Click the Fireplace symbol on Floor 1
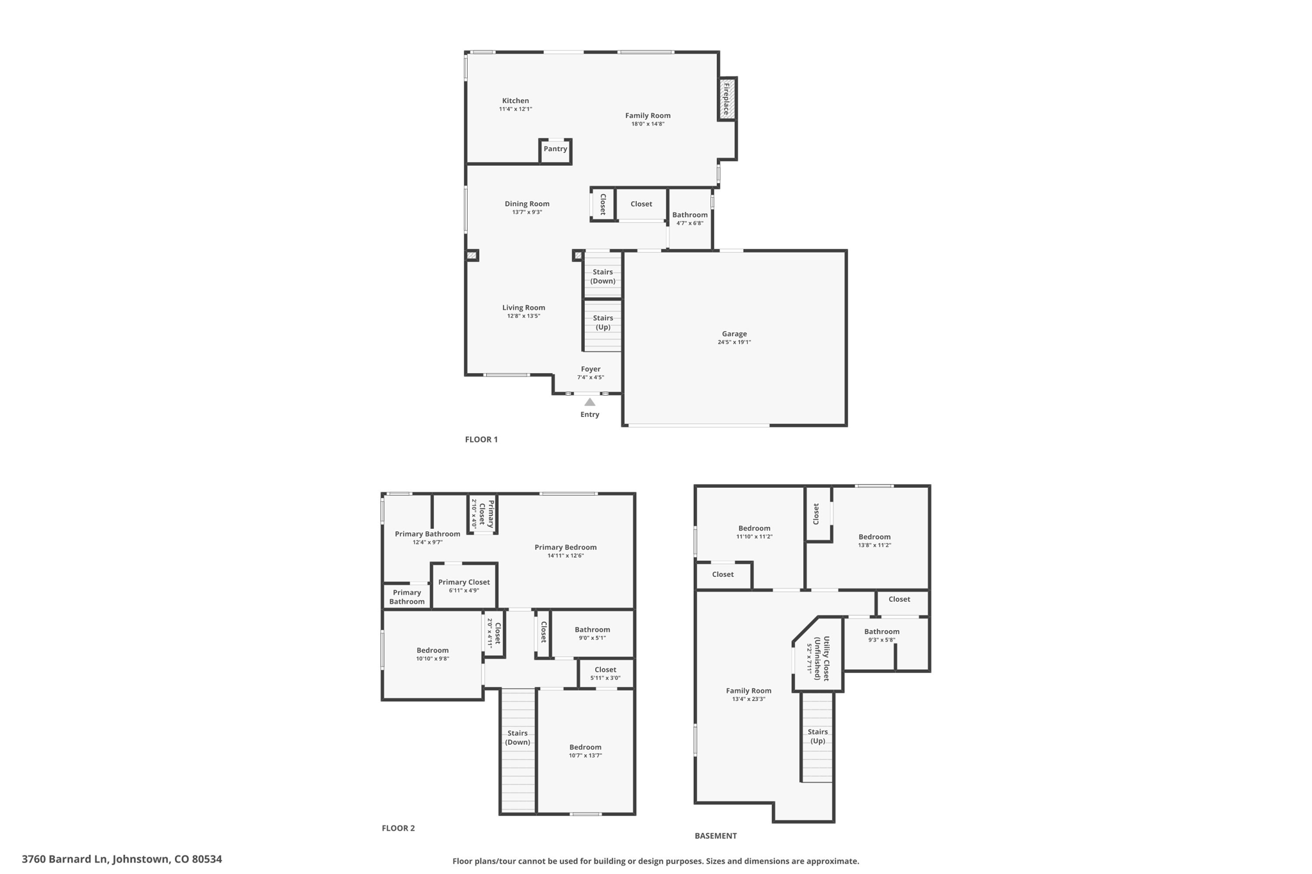727,99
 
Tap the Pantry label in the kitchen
555,149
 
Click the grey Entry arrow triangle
589,402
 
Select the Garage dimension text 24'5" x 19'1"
734,343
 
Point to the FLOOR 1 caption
481,439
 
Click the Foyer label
591,369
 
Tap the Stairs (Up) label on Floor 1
603,323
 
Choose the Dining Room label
527,204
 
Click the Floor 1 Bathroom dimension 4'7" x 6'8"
690,223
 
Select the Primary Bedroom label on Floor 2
566,547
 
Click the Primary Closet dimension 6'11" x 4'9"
464,590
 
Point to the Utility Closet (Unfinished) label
822,658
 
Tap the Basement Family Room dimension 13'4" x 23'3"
748,699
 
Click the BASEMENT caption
716,836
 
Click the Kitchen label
515,101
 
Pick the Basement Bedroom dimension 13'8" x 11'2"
874,546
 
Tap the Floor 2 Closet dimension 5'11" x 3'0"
605,678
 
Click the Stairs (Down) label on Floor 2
518,738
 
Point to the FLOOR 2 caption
398,828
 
